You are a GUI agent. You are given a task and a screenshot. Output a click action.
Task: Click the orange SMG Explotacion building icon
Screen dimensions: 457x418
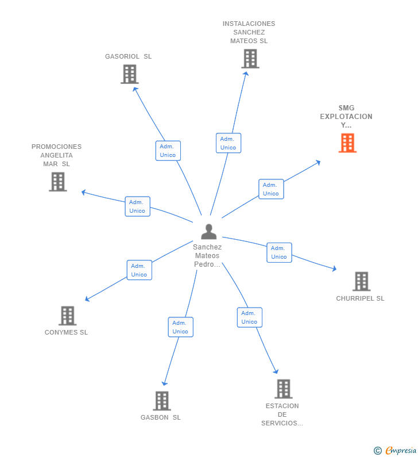point(347,143)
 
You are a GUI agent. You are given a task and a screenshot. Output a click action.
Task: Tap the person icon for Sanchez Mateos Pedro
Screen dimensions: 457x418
point(209,232)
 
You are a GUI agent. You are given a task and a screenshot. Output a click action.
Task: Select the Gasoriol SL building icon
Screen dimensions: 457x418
point(130,74)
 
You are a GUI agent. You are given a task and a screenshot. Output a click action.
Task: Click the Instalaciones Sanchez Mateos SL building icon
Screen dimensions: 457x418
point(250,59)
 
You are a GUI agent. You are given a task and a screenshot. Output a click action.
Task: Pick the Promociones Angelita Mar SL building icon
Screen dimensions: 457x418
point(58,182)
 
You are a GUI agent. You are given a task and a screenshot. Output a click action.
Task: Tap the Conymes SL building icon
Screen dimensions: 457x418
point(67,316)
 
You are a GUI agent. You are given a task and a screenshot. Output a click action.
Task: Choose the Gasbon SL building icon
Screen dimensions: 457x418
point(162,401)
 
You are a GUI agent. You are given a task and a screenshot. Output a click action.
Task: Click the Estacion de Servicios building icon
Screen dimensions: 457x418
point(283,389)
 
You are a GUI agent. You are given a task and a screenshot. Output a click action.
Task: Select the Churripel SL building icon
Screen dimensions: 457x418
point(361,282)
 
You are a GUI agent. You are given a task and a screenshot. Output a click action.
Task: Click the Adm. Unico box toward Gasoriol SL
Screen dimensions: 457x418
point(168,151)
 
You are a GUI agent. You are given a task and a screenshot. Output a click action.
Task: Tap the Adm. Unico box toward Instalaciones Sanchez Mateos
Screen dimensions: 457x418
point(228,143)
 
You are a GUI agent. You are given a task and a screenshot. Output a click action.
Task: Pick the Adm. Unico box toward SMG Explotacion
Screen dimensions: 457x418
point(270,189)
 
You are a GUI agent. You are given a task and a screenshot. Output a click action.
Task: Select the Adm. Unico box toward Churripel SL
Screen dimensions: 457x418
point(279,252)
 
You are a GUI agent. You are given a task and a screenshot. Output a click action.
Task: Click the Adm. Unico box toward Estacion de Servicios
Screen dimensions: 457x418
point(249,317)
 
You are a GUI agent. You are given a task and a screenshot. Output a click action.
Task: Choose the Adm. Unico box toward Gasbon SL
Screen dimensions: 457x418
point(180,327)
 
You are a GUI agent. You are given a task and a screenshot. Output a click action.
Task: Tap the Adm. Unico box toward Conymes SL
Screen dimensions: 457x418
point(139,270)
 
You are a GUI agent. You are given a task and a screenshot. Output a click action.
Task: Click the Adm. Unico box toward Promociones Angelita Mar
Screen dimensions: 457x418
point(137,206)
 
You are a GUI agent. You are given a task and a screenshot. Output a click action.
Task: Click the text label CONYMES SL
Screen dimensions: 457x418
point(66,332)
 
